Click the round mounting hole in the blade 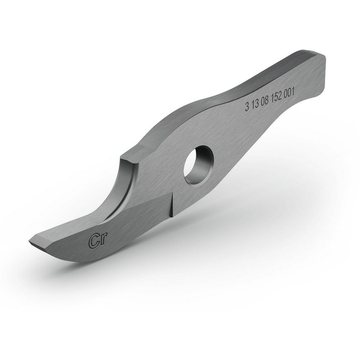(199, 165)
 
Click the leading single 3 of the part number (247, 107)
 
